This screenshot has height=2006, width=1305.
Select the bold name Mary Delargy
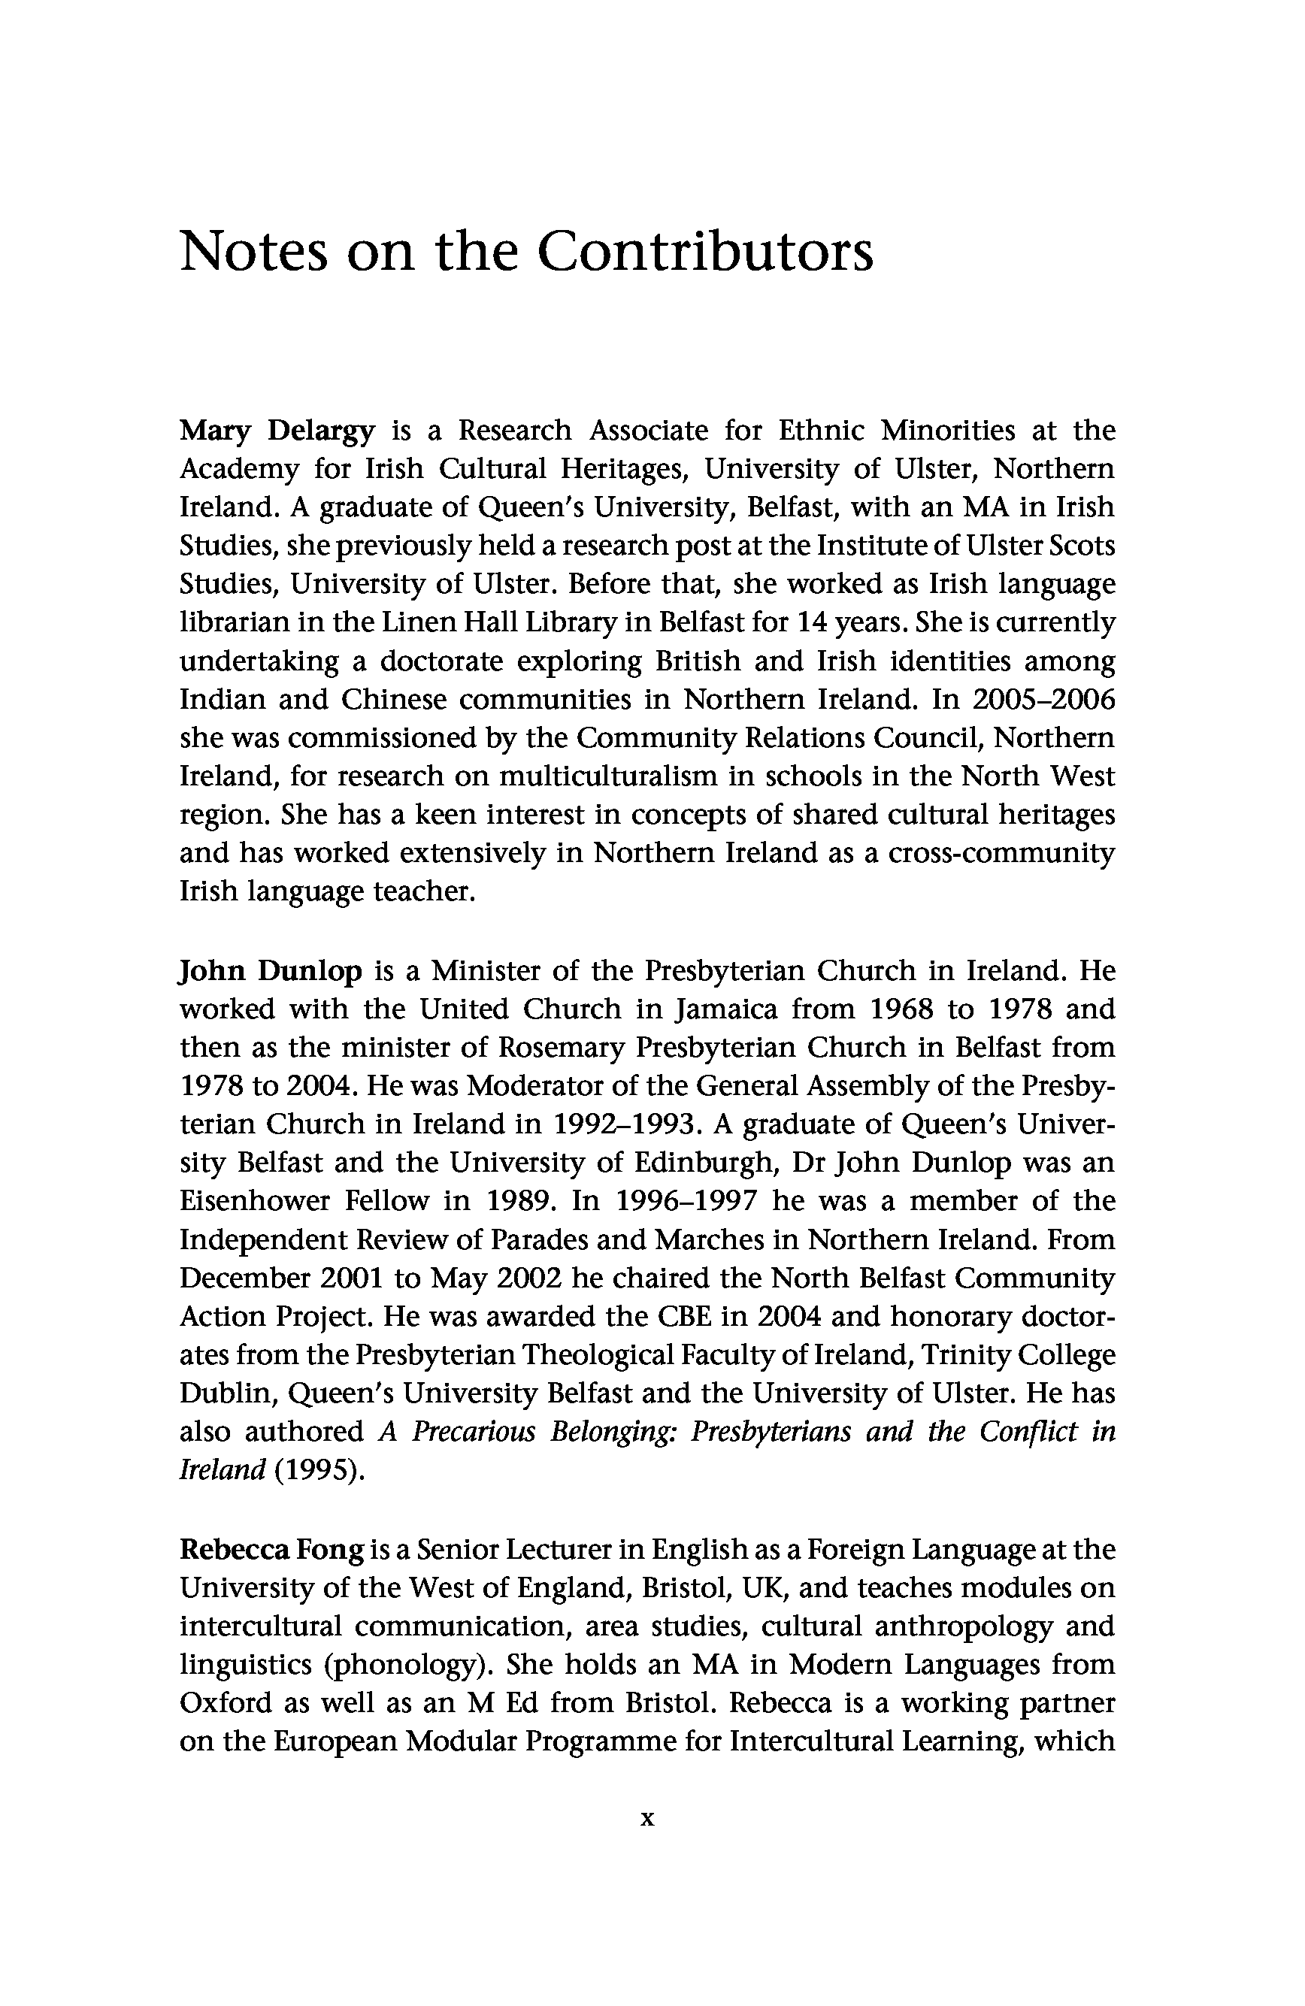pos(277,431)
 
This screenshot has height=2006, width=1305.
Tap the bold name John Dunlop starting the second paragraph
pos(271,971)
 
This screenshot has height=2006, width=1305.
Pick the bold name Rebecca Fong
pos(271,1549)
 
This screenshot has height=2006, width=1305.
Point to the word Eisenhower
pos(255,1201)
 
